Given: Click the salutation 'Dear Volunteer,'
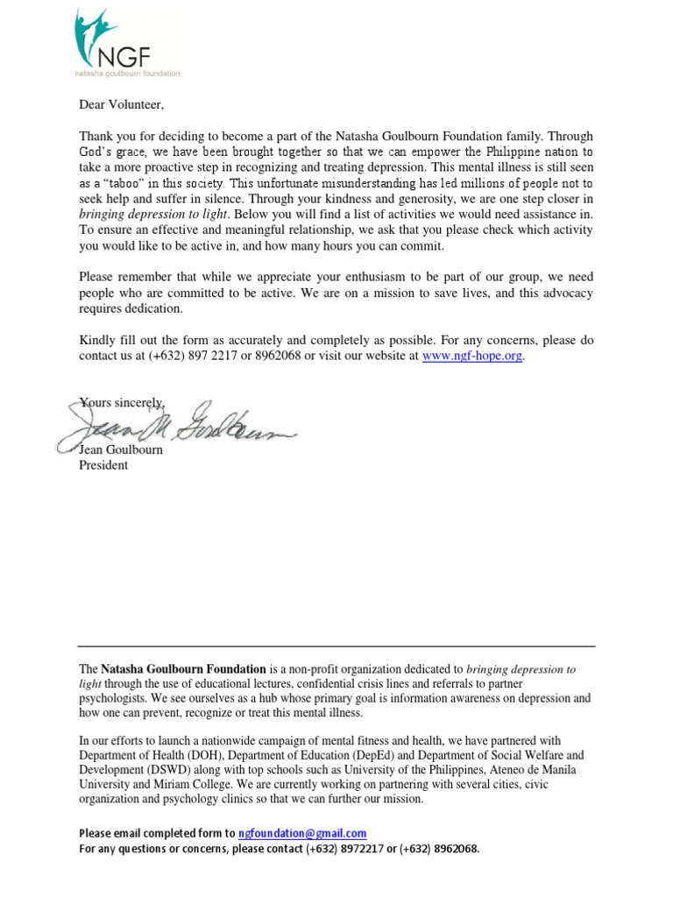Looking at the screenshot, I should [121, 105].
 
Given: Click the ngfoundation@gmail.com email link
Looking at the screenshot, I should [302, 833].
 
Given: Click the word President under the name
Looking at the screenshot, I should [103, 465].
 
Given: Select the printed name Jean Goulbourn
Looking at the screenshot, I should [121, 450].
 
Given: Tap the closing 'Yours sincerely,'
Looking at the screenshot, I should [123, 402].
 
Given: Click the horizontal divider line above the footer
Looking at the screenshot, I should [336, 646].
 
